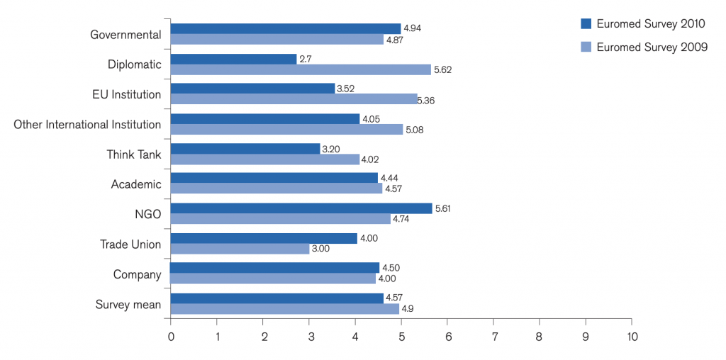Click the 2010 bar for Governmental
(286, 28)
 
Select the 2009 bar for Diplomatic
(301, 69)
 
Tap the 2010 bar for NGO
(301, 208)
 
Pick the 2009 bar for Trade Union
(240, 249)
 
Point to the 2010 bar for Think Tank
(245, 149)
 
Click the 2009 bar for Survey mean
(285, 309)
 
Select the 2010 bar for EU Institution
(253, 89)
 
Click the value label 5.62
(442, 70)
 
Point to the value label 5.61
(443, 208)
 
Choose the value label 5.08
(415, 130)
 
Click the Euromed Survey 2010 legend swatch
(586, 23)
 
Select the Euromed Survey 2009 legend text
(652, 47)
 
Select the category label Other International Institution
(87, 125)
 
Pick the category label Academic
(136, 185)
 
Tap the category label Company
(138, 276)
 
